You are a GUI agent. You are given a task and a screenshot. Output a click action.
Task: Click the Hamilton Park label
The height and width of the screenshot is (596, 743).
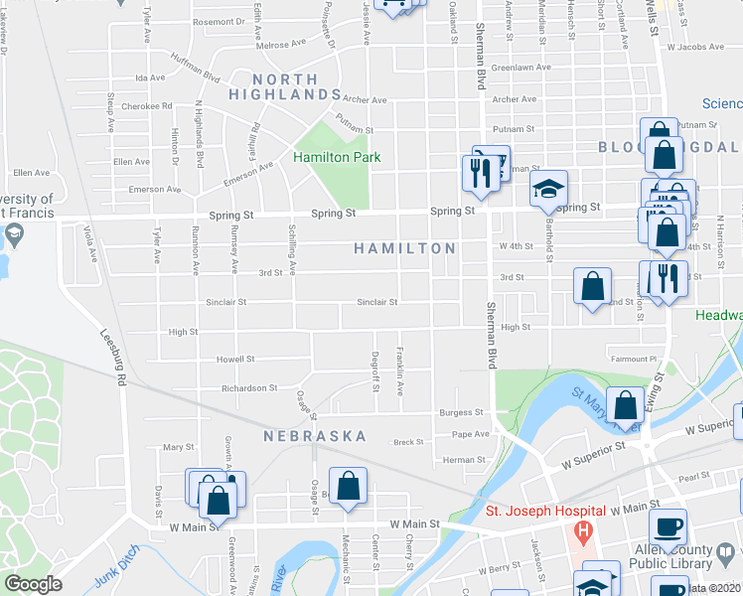coord(337,157)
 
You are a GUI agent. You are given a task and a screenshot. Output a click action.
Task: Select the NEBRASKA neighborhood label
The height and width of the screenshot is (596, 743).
coord(315,436)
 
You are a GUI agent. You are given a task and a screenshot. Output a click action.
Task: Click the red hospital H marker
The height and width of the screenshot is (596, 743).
coord(583,533)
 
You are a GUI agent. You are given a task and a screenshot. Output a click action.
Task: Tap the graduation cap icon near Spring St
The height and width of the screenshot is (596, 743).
coord(545,188)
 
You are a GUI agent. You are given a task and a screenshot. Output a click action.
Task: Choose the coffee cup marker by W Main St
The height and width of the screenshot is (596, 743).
coord(668,523)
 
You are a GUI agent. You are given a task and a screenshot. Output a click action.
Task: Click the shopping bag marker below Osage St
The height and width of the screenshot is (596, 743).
coord(348,487)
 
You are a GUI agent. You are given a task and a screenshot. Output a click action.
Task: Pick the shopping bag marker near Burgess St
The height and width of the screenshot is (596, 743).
coord(625,404)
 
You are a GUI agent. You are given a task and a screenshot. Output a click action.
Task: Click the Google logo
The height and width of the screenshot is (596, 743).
coord(34,584)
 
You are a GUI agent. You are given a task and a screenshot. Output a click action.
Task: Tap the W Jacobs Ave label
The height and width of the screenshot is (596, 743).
coord(694,46)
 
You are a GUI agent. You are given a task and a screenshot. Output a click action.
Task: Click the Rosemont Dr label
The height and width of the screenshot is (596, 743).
coord(219,21)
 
